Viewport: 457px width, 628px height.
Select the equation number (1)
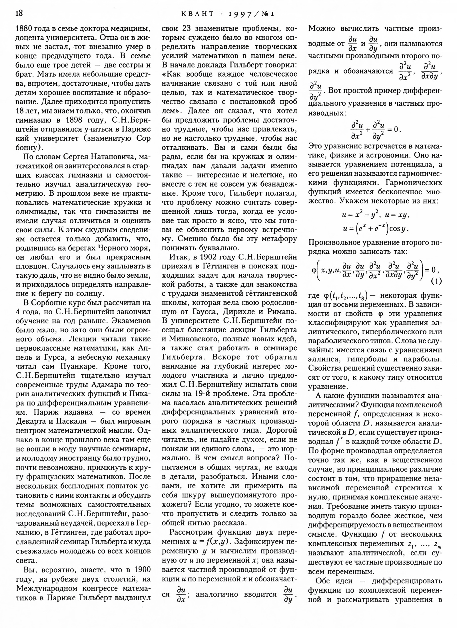pos(436,281)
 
